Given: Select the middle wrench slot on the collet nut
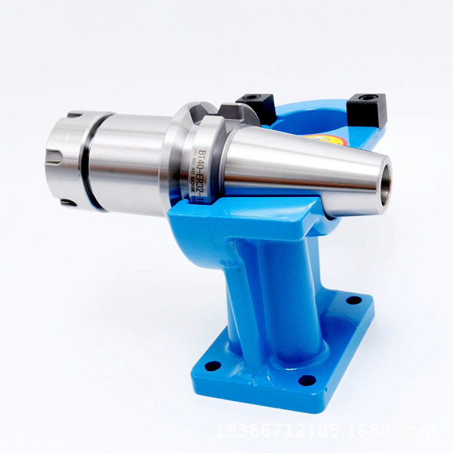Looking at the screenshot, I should tap(53, 157).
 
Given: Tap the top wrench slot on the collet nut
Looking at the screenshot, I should tap(75, 115).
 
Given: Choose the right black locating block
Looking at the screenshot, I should tap(367, 110).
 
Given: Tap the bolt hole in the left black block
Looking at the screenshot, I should tap(248, 98).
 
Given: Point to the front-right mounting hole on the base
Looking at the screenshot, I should tap(306, 379).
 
